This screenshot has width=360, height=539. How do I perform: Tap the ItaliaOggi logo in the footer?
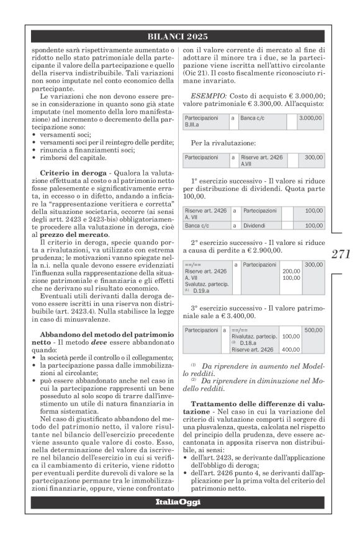tap(179, 501)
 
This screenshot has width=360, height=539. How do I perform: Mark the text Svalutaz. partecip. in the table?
tap(207, 283)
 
